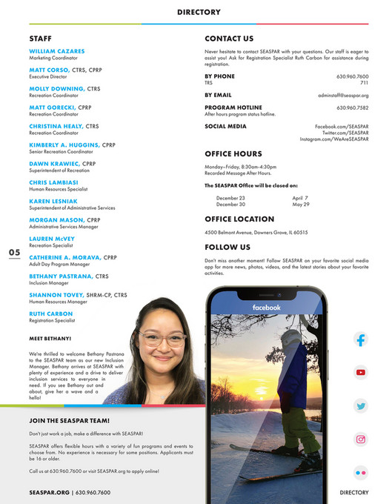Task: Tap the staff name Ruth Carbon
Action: pos(52,314)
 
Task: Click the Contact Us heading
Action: pos(229,38)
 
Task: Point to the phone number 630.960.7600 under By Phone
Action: pos(352,76)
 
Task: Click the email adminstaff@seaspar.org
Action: pos(343,95)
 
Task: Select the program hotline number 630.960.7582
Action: pos(352,107)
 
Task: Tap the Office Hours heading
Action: pos(233,154)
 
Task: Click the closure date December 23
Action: pos(230,198)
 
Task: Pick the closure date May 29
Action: pos(301,204)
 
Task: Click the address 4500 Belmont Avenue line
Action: pos(256,232)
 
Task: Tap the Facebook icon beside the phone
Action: pos(361,340)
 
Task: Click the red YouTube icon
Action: pos(361,373)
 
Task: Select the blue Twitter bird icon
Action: pos(361,405)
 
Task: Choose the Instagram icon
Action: pos(361,439)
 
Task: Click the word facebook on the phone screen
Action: pos(266,307)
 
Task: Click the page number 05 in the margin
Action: pos(15,253)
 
